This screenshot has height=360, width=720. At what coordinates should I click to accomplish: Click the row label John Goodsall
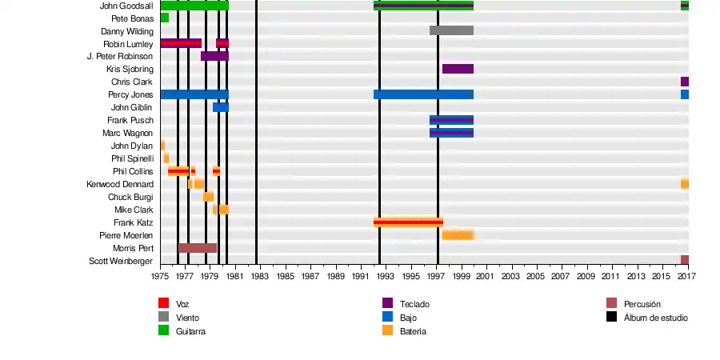click(x=126, y=6)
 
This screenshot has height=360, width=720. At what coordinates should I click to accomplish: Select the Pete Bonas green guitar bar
click(x=164, y=18)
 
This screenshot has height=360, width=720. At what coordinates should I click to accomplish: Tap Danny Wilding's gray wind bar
click(x=451, y=30)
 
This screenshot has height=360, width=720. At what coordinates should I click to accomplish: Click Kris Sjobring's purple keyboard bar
click(x=458, y=69)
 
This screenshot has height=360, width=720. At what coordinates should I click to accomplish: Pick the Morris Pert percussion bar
click(x=197, y=248)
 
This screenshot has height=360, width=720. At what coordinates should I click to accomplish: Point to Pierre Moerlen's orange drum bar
click(x=458, y=235)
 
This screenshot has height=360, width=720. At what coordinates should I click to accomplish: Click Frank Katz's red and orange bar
click(x=408, y=222)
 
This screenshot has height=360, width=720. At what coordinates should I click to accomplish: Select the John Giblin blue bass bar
click(x=220, y=107)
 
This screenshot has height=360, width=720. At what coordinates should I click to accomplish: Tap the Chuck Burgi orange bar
click(x=208, y=197)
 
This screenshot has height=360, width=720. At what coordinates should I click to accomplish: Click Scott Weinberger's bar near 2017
click(x=685, y=260)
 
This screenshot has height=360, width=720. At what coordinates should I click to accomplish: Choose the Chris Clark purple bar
click(x=685, y=82)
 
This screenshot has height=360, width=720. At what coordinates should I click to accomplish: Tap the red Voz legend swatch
click(x=163, y=303)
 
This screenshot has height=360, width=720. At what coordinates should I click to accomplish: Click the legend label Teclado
click(x=414, y=304)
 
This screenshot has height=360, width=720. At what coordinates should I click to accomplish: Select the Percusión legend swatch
click(x=611, y=303)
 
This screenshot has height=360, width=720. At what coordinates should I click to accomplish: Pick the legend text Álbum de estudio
click(x=655, y=318)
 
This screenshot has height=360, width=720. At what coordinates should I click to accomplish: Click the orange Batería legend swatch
click(x=387, y=330)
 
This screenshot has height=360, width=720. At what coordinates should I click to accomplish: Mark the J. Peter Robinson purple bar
click(x=214, y=56)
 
